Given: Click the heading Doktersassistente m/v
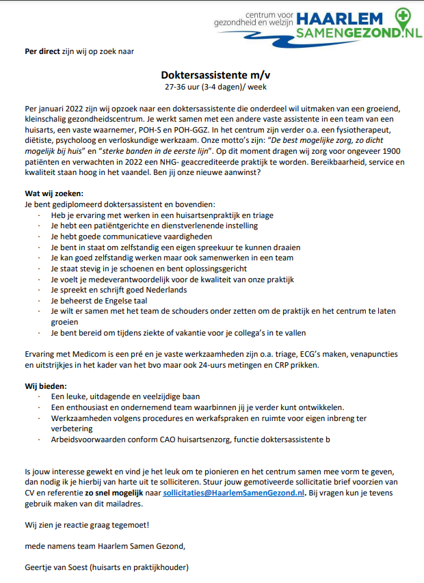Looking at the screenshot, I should [x=211, y=74].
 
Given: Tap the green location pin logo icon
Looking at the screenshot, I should [x=406, y=14].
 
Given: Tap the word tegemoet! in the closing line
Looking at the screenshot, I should [x=127, y=525].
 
